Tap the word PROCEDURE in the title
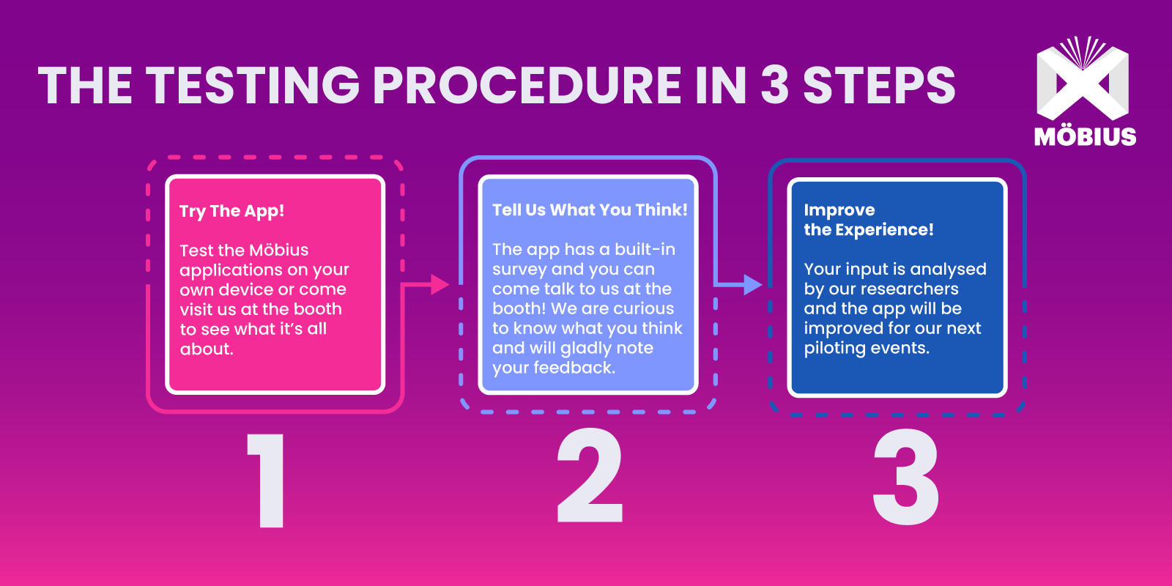point(527,85)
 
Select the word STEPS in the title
point(879,85)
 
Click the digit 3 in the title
point(774,85)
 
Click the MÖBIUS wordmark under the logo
point(1085,136)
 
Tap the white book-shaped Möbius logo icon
point(1083,78)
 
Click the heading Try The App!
point(231,212)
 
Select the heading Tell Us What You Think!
point(590,209)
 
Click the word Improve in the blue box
point(839,210)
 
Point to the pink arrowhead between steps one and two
point(440,285)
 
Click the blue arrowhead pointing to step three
point(753,285)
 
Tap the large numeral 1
point(268,480)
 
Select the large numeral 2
point(590,475)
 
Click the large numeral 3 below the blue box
point(906,476)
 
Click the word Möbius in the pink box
point(278,250)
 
